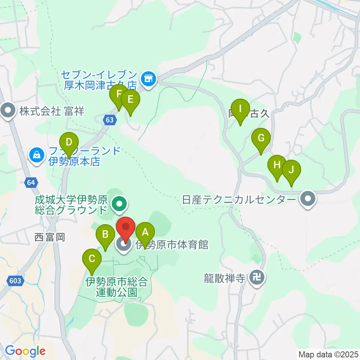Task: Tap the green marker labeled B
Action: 106,236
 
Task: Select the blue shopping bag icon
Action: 37,154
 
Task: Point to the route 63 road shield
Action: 109,120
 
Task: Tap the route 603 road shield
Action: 14,280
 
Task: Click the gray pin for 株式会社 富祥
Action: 8,111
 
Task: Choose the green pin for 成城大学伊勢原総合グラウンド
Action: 120,204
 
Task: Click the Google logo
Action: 25,351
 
